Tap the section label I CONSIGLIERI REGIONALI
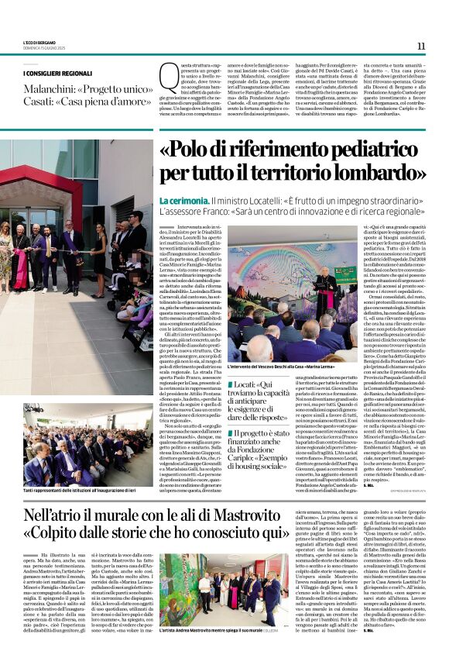pos(57,73)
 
